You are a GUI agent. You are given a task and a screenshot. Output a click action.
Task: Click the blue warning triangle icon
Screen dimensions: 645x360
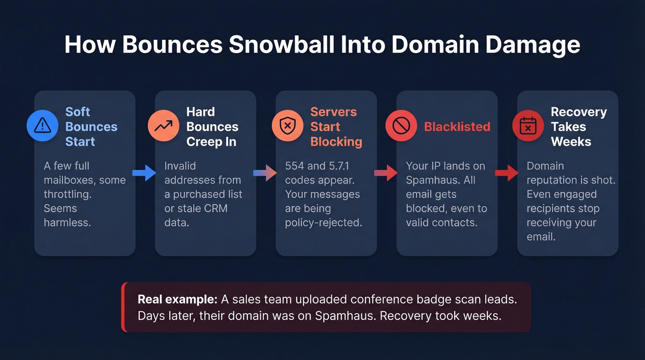click(x=42, y=125)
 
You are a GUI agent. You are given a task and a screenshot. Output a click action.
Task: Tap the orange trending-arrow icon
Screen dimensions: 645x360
click(x=164, y=125)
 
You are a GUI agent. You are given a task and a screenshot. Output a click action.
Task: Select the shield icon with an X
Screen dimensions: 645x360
click(x=287, y=125)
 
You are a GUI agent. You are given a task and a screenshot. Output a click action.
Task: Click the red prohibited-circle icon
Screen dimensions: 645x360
click(x=401, y=125)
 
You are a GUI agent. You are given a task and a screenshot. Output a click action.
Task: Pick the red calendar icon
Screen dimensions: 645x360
click(x=528, y=125)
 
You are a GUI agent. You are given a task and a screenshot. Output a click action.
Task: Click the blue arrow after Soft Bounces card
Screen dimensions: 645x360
click(x=144, y=173)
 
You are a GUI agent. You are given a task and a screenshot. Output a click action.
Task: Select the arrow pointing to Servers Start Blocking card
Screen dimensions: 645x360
click(x=265, y=173)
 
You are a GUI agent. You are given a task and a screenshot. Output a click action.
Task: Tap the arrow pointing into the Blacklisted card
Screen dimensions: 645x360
click(x=386, y=173)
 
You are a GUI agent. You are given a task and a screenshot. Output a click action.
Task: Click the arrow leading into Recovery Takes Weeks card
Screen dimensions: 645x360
click(x=507, y=173)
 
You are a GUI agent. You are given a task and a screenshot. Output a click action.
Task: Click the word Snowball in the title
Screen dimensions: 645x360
click(x=281, y=44)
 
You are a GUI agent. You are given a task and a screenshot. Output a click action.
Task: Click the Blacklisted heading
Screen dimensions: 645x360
click(x=457, y=127)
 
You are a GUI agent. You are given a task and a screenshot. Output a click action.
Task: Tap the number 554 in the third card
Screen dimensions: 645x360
click(x=294, y=166)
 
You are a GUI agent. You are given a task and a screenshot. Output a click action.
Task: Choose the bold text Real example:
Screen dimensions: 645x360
click(x=177, y=300)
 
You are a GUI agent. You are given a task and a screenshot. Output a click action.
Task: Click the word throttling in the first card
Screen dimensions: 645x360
click(x=68, y=195)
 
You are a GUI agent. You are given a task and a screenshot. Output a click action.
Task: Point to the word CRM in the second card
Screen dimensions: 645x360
click(x=216, y=208)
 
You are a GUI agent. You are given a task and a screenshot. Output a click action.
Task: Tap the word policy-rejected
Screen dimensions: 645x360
click(x=323, y=223)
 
